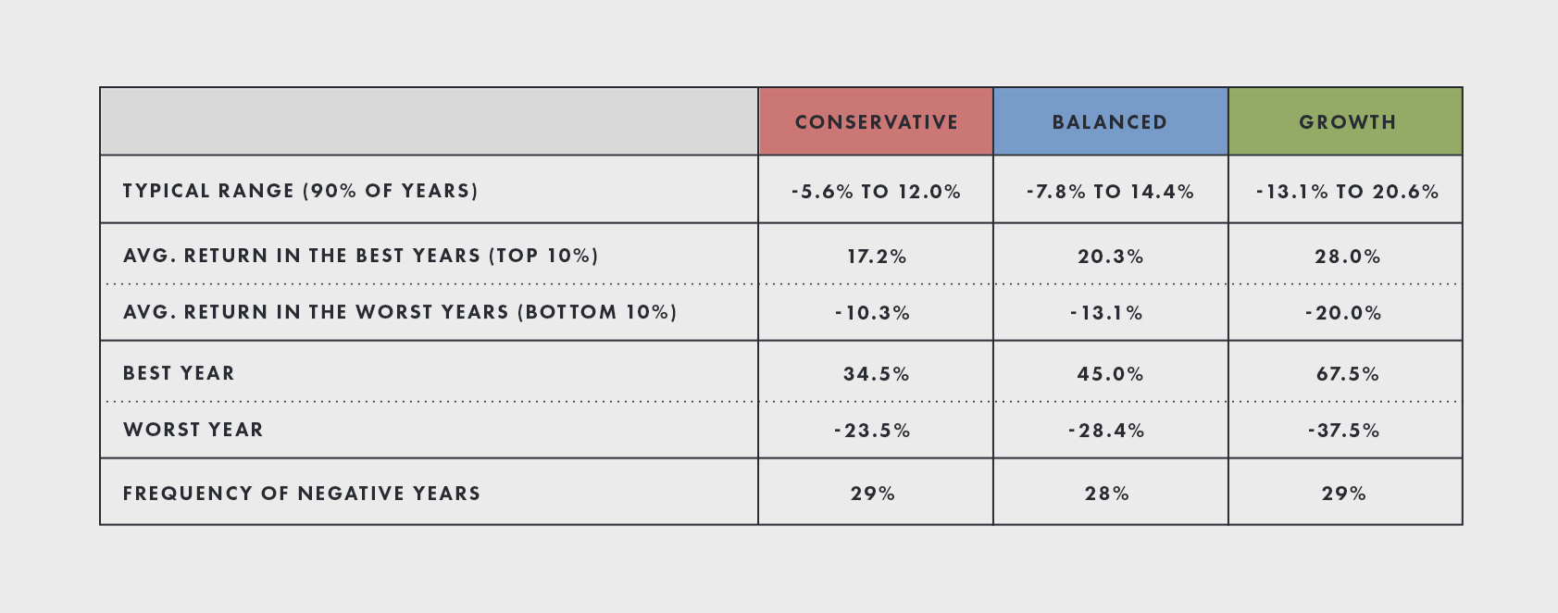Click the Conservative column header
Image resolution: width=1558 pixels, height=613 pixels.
coord(876,122)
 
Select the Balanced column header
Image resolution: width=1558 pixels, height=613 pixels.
coord(1110,122)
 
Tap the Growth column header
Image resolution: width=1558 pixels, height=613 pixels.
coord(1347,122)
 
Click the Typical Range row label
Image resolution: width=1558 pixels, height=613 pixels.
coord(301,191)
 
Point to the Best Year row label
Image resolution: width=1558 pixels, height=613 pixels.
coord(180,373)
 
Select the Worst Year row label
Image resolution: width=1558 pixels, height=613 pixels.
coord(193,430)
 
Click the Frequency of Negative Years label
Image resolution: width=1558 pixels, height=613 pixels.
coord(302,494)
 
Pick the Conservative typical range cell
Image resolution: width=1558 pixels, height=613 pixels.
coord(876,192)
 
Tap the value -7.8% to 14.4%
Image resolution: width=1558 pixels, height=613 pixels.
coord(1110,192)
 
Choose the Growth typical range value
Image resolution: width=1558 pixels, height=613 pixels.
coord(1347,192)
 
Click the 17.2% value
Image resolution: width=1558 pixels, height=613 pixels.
coord(877,256)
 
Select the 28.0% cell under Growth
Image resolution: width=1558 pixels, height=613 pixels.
coord(1347,256)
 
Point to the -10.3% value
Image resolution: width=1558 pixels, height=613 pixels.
coord(873,313)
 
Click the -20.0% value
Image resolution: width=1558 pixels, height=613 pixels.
coord(1343,313)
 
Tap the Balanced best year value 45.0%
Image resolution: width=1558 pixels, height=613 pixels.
coord(1110,374)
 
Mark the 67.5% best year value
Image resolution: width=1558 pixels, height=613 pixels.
coord(1347,374)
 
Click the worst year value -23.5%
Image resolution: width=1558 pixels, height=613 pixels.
coord(873,431)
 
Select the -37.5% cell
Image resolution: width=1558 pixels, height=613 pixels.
coord(1343,431)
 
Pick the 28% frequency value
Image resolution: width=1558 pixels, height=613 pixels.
coord(1107,494)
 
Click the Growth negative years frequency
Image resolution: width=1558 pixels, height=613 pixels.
coord(1344,494)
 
